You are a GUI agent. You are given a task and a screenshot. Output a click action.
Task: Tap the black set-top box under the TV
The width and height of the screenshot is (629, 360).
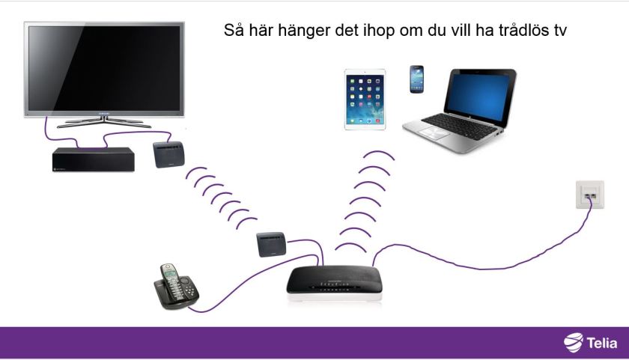pyautogui.click(x=93, y=159)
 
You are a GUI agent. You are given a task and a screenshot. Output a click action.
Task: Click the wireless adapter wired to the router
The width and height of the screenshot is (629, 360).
pyautogui.click(x=271, y=244)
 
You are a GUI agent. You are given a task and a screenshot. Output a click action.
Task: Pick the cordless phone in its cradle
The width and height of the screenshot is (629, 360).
pyautogui.click(x=175, y=285)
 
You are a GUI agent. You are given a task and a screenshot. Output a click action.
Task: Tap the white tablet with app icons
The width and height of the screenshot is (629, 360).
pyautogui.click(x=365, y=100)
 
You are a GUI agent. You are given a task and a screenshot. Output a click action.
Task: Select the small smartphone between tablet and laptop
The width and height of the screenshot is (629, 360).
pyautogui.click(x=416, y=79)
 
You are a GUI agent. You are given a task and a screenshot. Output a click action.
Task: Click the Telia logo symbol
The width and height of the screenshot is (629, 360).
pyautogui.click(x=573, y=343)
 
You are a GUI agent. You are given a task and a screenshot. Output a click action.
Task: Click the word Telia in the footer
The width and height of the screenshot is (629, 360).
pyautogui.click(x=602, y=344)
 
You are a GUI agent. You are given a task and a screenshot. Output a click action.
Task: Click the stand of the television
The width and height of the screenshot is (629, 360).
pyautogui.click(x=105, y=120)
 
